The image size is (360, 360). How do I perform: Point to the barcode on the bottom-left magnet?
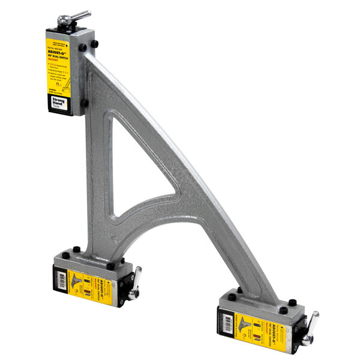point(61,280)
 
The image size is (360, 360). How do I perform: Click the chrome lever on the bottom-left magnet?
point(136,278)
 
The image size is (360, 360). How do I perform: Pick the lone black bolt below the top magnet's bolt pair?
point(85,103)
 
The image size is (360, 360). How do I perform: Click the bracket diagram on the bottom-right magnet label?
point(247,325)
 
